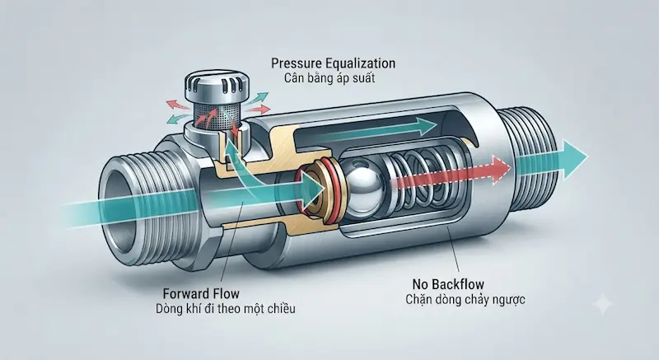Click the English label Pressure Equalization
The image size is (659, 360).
333,63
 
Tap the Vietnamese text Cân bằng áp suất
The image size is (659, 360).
329,78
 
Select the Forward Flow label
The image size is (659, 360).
201,293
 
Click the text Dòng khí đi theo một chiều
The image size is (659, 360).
225,309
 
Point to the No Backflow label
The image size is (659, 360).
448,284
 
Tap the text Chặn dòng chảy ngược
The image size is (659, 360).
465,300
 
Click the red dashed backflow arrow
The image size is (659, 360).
450,171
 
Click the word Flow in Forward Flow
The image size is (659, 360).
225,293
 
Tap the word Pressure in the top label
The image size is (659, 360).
297,63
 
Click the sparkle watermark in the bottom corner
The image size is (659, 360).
602,303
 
